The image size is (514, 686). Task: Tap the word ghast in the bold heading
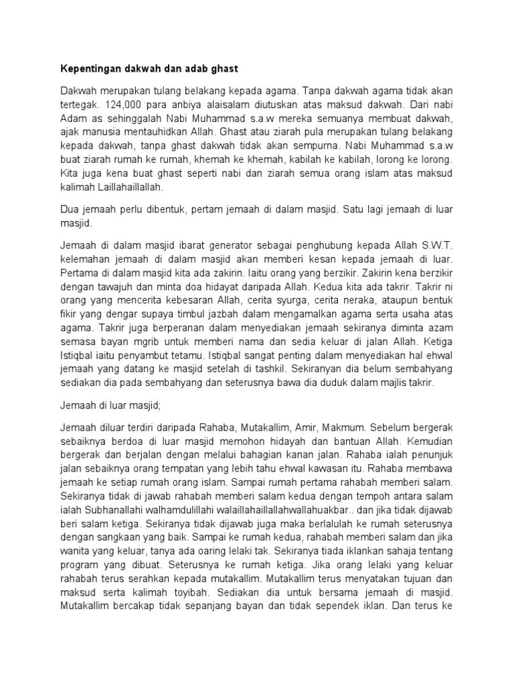pos(224,68)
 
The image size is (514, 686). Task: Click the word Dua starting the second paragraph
pos(70,210)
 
